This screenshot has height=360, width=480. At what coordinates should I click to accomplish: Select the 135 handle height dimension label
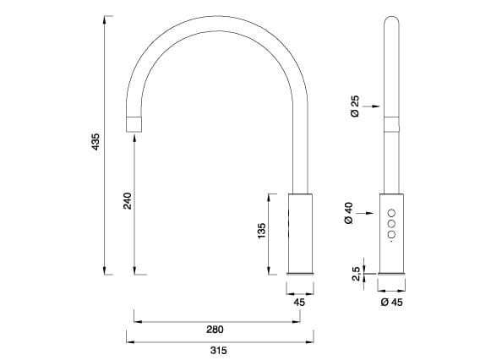click(x=261, y=230)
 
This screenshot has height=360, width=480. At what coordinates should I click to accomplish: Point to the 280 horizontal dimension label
click(x=215, y=330)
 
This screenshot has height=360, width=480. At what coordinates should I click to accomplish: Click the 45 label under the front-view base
click(x=299, y=301)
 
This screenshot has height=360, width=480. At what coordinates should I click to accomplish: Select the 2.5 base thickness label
click(x=357, y=272)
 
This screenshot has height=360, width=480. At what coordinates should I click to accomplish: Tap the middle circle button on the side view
click(x=390, y=224)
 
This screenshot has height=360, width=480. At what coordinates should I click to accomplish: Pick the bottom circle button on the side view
click(x=390, y=235)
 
